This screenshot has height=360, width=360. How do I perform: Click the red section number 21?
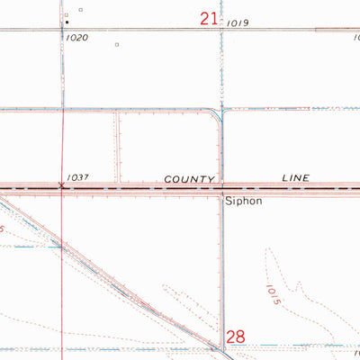click(x=209, y=18)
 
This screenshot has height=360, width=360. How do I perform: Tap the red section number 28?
click(x=236, y=336)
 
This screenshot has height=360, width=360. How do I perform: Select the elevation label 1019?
click(x=238, y=22)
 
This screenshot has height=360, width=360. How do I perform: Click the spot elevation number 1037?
click(x=77, y=179)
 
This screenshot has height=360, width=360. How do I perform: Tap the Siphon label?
click(x=243, y=201)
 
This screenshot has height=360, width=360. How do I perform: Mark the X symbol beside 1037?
click(x=61, y=186)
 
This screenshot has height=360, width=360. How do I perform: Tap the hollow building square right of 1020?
click(x=117, y=43)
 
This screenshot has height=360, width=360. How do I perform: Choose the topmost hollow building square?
click(x=79, y=10)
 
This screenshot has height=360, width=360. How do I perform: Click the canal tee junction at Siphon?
click(x=222, y=191)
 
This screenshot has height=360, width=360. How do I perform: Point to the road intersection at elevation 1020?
click(x=64, y=30)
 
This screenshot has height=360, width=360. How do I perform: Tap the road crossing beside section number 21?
click(x=221, y=30)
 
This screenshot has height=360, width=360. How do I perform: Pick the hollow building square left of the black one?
click(x=67, y=15)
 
